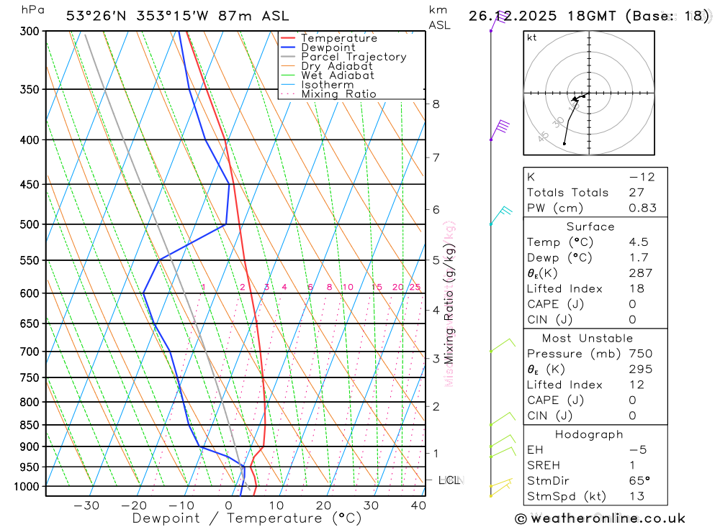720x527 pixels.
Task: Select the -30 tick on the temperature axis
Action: pyautogui.click(x=86, y=505)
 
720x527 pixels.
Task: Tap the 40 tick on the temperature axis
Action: pyautogui.click(x=418, y=505)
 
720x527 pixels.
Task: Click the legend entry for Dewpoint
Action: pyautogui.click(x=328, y=47)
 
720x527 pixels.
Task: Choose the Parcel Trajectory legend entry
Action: pyautogui.click(x=354, y=57)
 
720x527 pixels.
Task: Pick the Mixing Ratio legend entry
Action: pyautogui.click(x=338, y=94)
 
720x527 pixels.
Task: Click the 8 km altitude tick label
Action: pyautogui.click(x=436, y=104)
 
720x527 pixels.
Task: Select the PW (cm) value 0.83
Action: pyautogui.click(x=642, y=208)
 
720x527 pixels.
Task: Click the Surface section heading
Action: pyautogui.click(x=590, y=226)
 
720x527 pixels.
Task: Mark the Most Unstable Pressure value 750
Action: pyautogui.click(x=640, y=354)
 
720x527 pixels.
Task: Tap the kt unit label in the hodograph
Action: pyautogui.click(x=532, y=37)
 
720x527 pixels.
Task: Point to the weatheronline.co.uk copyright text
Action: pyautogui.click(x=600, y=518)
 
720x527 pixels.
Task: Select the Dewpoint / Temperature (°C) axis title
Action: pyautogui.click(x=246, y=518)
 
